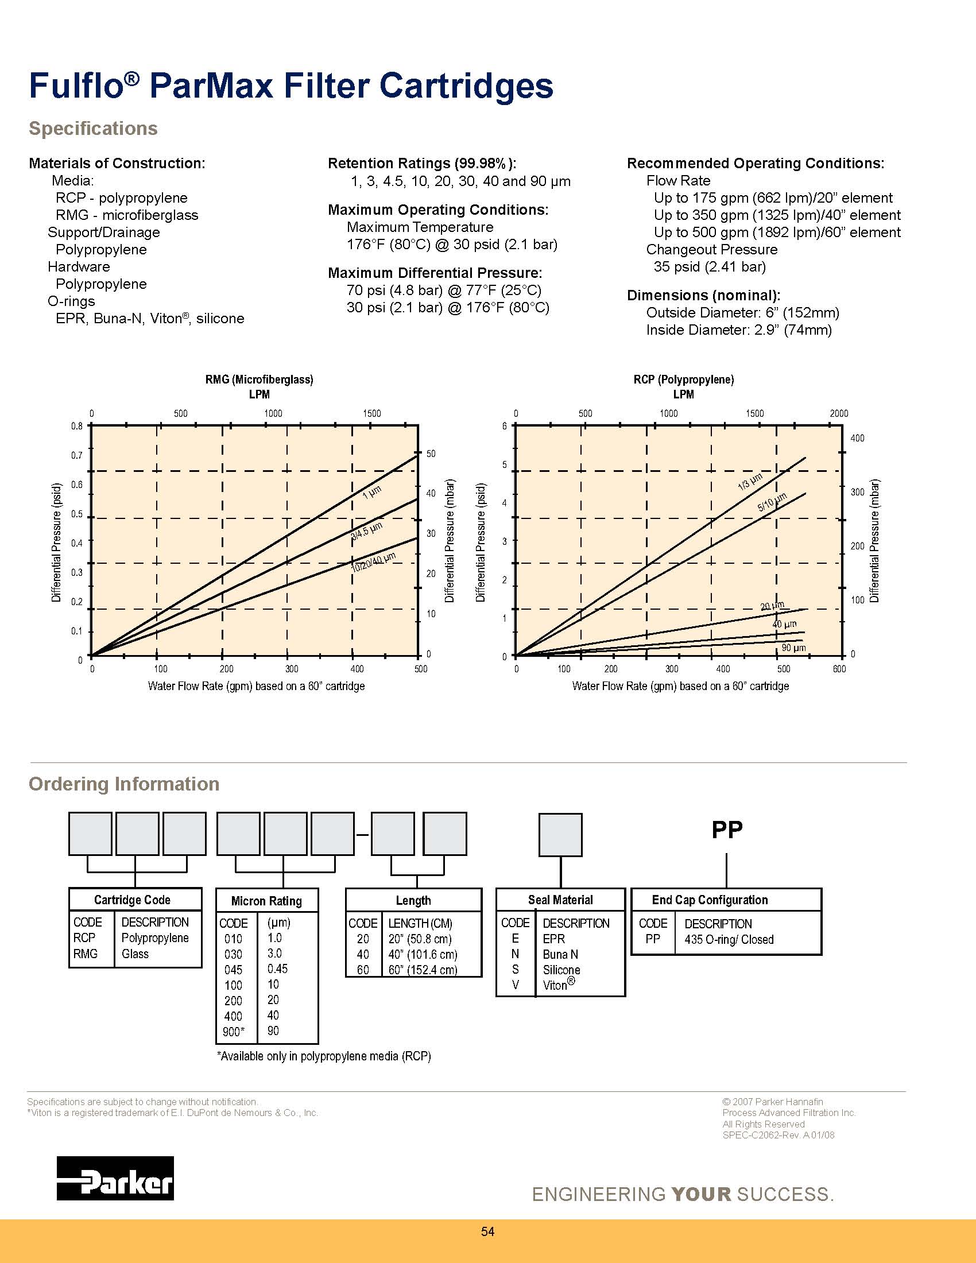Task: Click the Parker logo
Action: (115, 1178)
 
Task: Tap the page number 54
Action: (487, 1231)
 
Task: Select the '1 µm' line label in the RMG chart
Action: (372, 492)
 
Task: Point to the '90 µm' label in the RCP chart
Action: (793, 648)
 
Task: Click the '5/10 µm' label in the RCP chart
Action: (772, 502)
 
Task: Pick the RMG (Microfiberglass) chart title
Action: (259, 379)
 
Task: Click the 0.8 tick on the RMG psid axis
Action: (77, 426)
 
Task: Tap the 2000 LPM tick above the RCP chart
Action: (839, 413)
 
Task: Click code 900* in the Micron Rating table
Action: (234, 1032)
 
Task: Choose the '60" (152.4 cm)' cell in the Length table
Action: (423, 970)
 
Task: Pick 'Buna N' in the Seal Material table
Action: (560, 954)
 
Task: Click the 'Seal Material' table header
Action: (560, 900)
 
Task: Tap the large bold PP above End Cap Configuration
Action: (727, 830)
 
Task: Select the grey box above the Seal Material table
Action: (560, 835)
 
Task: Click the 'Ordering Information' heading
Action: (125, 784)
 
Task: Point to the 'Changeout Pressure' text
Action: (712, 249)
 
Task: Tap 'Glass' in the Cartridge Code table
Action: (135, 954)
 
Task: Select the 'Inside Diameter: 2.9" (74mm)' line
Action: (739, 330)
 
